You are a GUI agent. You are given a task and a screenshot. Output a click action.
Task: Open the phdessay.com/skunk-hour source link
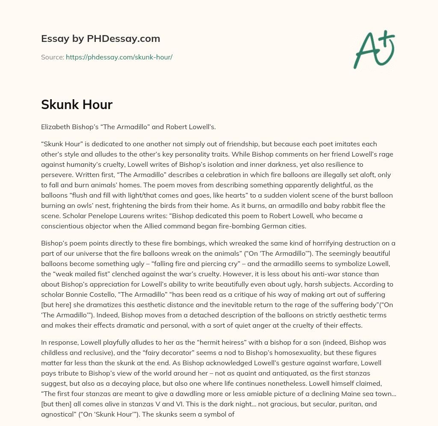[119, 57]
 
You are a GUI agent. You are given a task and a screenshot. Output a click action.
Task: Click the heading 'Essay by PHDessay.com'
[101, 38]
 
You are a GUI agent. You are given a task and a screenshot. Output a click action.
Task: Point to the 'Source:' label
[53, 57]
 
